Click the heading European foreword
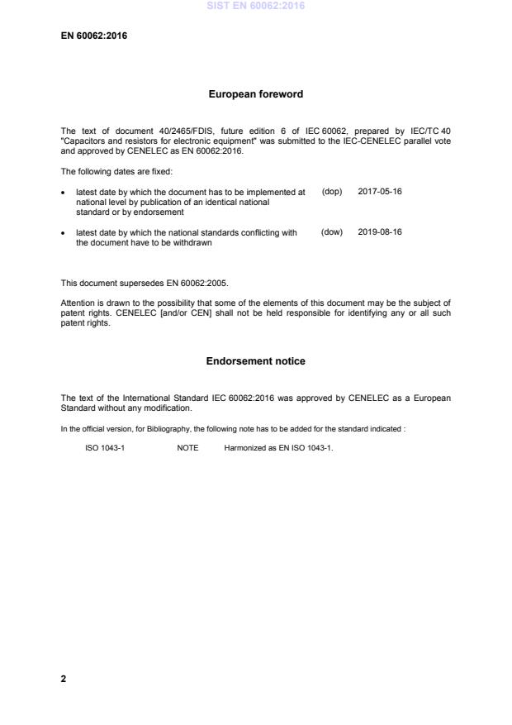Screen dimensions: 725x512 tap(255, 94)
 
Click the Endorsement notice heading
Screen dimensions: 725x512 tap(255, 361)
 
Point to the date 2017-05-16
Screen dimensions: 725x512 tap(380, 192)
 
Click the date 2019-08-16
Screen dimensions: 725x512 tap(380, 233)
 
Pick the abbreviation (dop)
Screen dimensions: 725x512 tap(331, 192)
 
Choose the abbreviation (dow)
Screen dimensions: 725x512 tap(331, 233)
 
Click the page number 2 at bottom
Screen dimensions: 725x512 tap(64, 678)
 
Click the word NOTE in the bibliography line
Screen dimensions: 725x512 tap(187, 448)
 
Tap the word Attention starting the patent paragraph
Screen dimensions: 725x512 tap(78, 303)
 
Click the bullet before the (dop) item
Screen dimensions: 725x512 tap(64, 192)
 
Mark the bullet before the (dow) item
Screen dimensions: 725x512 tap(64, 233)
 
